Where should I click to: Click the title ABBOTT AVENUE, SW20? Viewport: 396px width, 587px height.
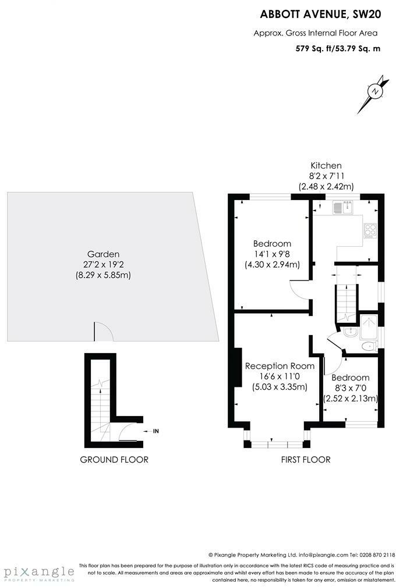(x=320, y=14)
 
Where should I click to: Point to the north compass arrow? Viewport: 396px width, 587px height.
(x=373, y=94)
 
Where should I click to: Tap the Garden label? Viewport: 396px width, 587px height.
(x=103, y=254)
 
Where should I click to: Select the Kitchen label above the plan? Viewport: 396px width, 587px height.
(x=326, y=165)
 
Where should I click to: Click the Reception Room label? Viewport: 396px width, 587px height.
(x=280, y=366)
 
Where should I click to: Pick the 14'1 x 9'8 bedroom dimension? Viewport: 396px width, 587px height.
(x=272, y=254)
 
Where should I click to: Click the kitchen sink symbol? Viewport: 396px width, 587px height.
(x=342, y=207)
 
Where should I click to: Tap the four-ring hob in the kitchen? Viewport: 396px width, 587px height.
(x=370, y=230)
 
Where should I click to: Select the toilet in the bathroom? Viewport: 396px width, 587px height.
(x=369, y=346)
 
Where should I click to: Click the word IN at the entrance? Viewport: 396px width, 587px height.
(x=156, y=431)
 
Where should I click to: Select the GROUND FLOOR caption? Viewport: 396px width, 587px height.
(x=114, y=460)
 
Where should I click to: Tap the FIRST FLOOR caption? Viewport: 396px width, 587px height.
(x=306, y=460)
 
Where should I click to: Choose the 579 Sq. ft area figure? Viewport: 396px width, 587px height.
(x=313, y=48)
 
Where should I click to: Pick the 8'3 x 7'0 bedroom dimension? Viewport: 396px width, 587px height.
(x=351, y=388)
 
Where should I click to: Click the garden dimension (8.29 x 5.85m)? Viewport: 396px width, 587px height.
(x=103, y=275)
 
